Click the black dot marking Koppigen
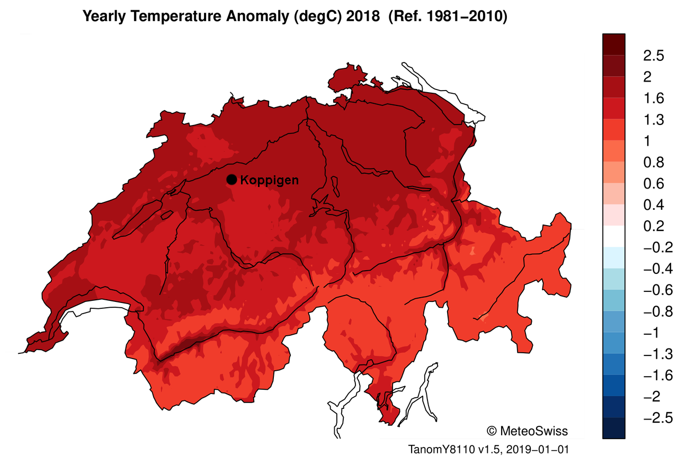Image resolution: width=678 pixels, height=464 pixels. tap(231, 180)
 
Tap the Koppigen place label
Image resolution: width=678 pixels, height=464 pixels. tap(269, 180)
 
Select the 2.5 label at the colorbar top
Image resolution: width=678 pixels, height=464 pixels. tap(653, 56)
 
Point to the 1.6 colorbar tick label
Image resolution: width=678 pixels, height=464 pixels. tap(653, 99)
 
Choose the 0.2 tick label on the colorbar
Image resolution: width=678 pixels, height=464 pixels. tap(653, 226)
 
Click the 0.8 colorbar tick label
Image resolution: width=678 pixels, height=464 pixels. tap(653, 162)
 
